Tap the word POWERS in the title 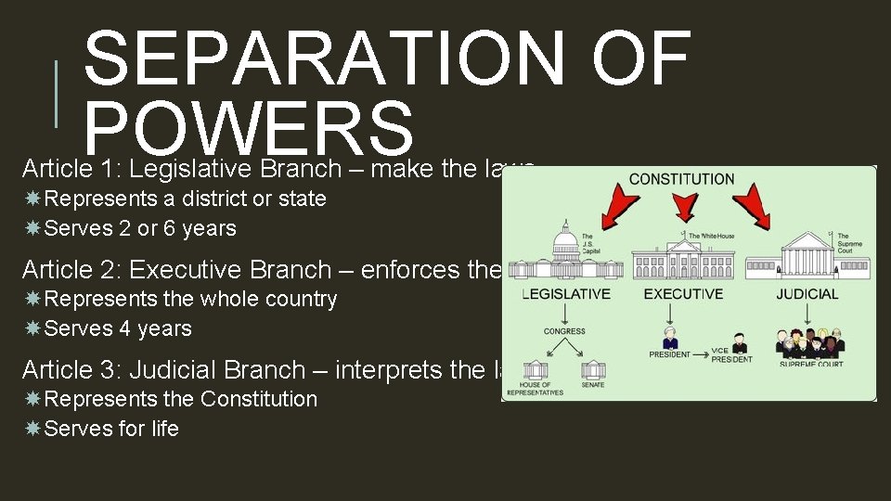coord(248,129)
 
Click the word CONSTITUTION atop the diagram coord(681,179)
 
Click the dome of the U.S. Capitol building coord(565,243)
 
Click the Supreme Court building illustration coord(811,253)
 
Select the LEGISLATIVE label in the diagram coord(565,294)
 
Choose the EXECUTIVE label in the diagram coord(684,294)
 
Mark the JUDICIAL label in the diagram coord(807,294)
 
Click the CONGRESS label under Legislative coord(564,331)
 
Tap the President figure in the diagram coord(669,339)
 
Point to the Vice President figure coord(739,342)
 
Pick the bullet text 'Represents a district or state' coord(185,199)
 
